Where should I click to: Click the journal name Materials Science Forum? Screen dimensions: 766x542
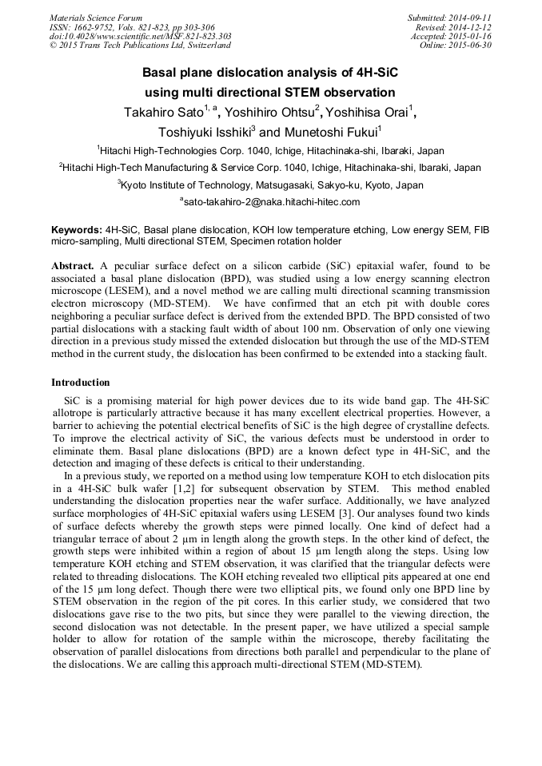point(96,18)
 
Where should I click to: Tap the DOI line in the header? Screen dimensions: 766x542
point(141,36)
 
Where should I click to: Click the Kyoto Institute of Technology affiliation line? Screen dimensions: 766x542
point(271,185)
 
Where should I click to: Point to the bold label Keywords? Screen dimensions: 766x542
point(75,228)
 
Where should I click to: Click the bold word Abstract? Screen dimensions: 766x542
point(74,265)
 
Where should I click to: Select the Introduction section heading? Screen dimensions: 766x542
point(81,383)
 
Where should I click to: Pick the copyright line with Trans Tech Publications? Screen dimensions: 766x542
point(140,46)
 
